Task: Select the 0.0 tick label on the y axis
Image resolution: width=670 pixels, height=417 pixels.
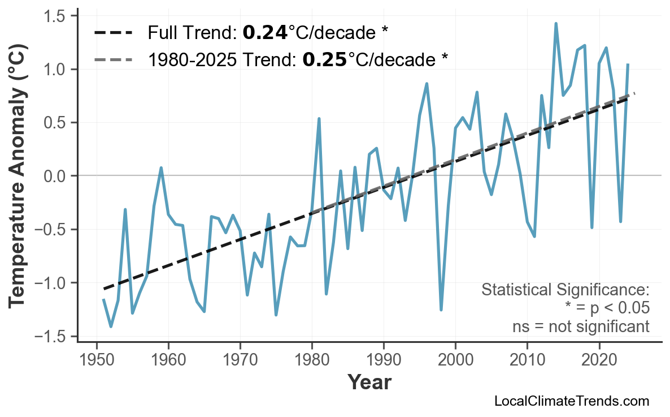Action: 56,176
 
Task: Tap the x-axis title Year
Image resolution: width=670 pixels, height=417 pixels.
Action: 369,383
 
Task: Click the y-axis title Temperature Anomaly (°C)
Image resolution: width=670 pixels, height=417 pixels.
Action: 18,176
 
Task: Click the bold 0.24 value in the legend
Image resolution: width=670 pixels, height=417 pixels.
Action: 265,33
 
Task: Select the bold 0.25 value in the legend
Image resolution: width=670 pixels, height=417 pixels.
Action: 325,59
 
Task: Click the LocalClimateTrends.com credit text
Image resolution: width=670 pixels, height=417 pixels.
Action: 571,402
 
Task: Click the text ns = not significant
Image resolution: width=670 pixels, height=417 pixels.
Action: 580,326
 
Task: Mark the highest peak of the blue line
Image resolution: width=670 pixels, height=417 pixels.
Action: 556,24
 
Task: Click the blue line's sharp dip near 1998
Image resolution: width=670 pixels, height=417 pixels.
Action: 441,309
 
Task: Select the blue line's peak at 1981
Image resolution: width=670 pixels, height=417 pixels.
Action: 319,119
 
